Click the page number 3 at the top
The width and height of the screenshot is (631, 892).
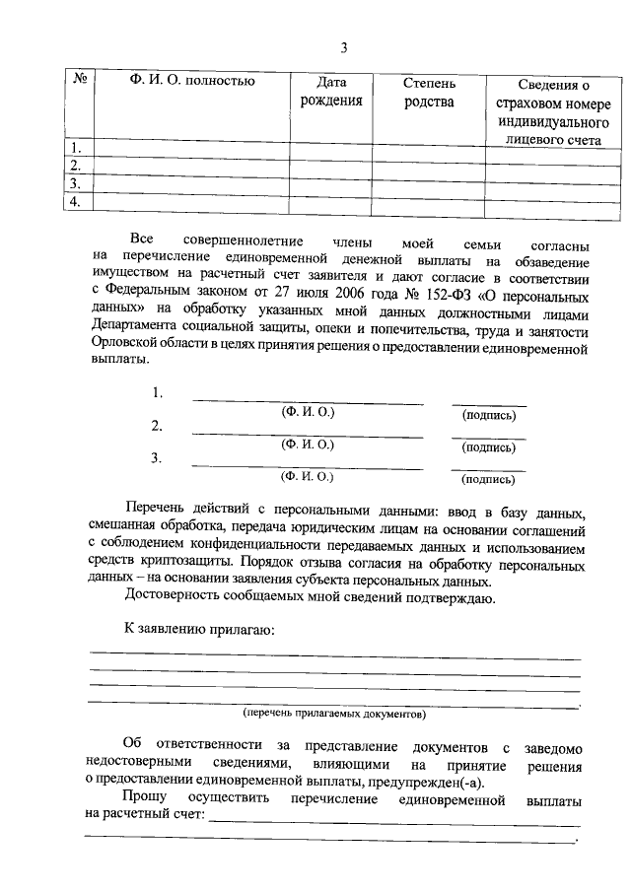[343, 47]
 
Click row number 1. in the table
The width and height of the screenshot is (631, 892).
[72, 148]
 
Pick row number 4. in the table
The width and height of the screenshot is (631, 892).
[72, 201]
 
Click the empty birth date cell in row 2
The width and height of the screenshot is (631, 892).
[331, 166]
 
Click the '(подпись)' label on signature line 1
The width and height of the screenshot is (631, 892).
[488, 415]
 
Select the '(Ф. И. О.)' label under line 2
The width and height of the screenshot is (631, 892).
[308, 445]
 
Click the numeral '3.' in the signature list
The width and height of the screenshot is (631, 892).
[157, 457]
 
